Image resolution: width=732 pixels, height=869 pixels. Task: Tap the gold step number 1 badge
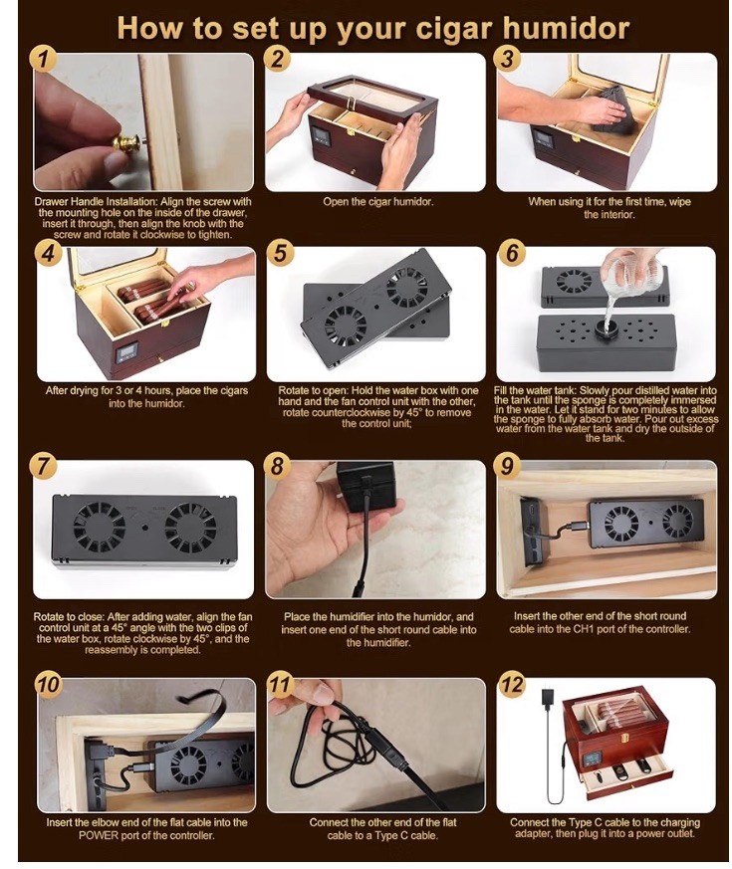(x=44, y=59)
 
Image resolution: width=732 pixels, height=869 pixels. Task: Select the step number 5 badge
(x=280, y=252)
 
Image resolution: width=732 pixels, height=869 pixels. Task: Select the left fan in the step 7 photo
(x=100, y=528)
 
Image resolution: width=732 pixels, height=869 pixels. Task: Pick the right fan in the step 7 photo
(x=191, y=528)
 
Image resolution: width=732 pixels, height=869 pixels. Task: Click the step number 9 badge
(x=507, y=466)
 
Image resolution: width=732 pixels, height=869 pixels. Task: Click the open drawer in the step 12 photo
(x=626, y=775)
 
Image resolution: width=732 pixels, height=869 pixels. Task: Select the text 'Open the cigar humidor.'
(x=378, y=201)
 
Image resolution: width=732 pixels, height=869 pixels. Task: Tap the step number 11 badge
(x=280, y=685)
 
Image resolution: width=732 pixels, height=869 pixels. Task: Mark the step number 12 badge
(x=511, y=685)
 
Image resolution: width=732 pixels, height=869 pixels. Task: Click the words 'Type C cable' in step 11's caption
(x=406, y=835)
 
